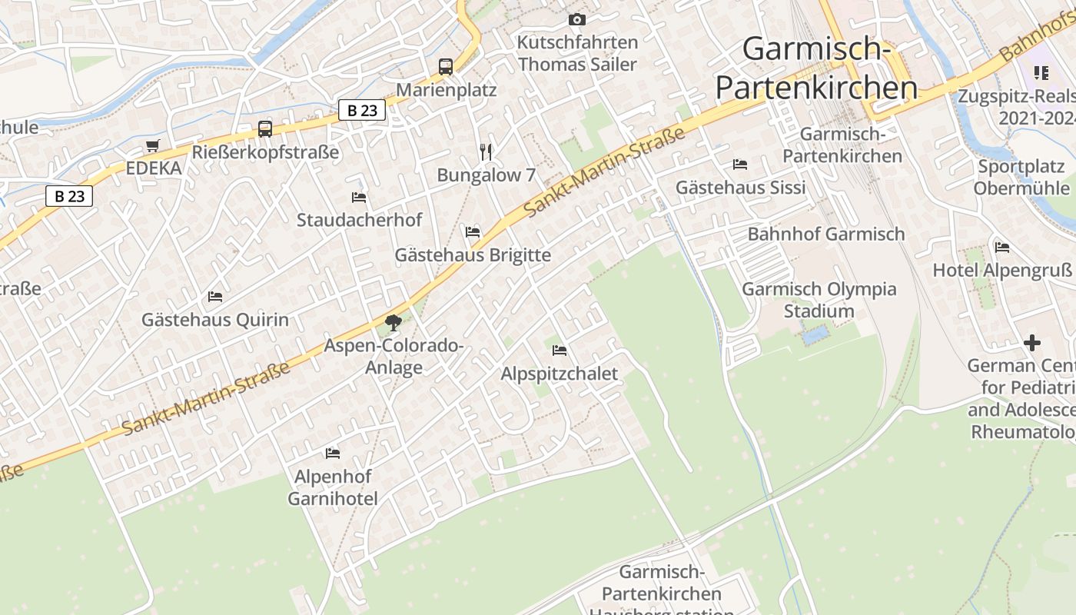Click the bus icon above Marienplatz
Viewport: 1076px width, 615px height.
[446, 66]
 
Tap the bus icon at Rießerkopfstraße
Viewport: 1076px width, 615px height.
[265, 128]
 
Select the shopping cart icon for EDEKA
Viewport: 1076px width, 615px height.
[153, 145]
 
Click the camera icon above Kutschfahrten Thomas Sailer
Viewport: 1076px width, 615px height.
[577, 19]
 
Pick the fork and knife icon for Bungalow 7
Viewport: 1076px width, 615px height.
[486, 152]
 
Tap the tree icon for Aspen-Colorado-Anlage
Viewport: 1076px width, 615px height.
[394, 323]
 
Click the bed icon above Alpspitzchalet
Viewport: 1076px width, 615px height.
[560, 351]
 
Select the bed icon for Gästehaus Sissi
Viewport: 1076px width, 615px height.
[740, 165]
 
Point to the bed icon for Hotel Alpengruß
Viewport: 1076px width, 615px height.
[1002, 248]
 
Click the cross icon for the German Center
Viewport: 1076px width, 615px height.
[1032, 343]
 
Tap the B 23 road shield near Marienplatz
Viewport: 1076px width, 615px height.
[362, 111]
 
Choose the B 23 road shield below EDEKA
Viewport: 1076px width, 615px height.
[69, 196]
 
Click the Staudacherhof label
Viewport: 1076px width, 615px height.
[359, 220]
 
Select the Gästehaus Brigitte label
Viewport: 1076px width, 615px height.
[473, 254]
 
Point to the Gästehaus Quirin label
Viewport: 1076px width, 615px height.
[215, 320]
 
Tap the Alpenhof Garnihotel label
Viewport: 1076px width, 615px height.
[333, 487]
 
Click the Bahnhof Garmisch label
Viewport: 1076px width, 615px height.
[826, 234]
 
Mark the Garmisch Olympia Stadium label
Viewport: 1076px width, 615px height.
[819, 300]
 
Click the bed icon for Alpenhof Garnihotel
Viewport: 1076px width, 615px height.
[333, 454]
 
